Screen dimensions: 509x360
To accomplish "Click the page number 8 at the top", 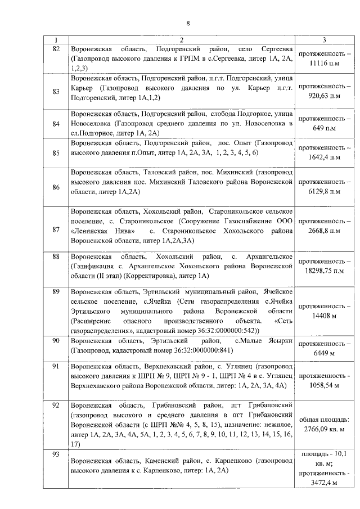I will tap(188, 23).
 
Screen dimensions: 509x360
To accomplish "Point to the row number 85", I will tap(55, 152).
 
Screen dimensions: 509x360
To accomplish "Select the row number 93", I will tap(55, 454).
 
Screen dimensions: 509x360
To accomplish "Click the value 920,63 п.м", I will tap(324, 96).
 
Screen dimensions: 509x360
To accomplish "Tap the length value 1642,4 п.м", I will tap(324, 158).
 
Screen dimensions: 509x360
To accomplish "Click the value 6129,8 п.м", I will tap(324, 192).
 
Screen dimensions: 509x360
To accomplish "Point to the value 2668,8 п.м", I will tap(324, 231).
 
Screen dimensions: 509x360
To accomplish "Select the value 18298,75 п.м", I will tap(324, 271).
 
